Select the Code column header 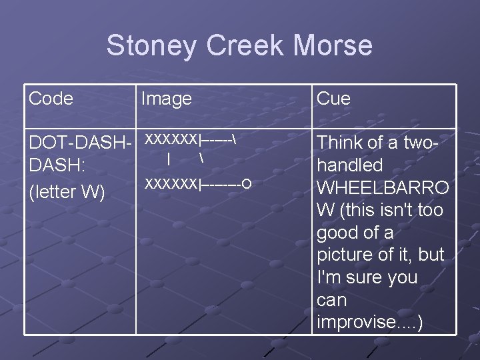point(51,99)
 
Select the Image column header point(167,99)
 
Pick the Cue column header point(333,99)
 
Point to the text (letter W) point(67,192)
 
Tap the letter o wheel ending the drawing point(247,183)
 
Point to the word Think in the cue point(341,143)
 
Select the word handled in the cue point(350,165)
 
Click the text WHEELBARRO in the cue point(383,187)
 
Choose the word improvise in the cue point(356,322)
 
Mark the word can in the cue point(331,300)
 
